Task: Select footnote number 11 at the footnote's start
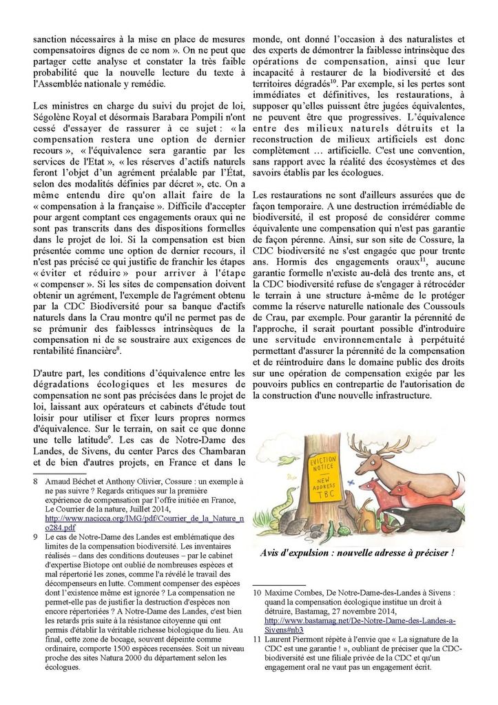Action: [258, 639]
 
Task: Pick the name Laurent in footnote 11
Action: [281, 639]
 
